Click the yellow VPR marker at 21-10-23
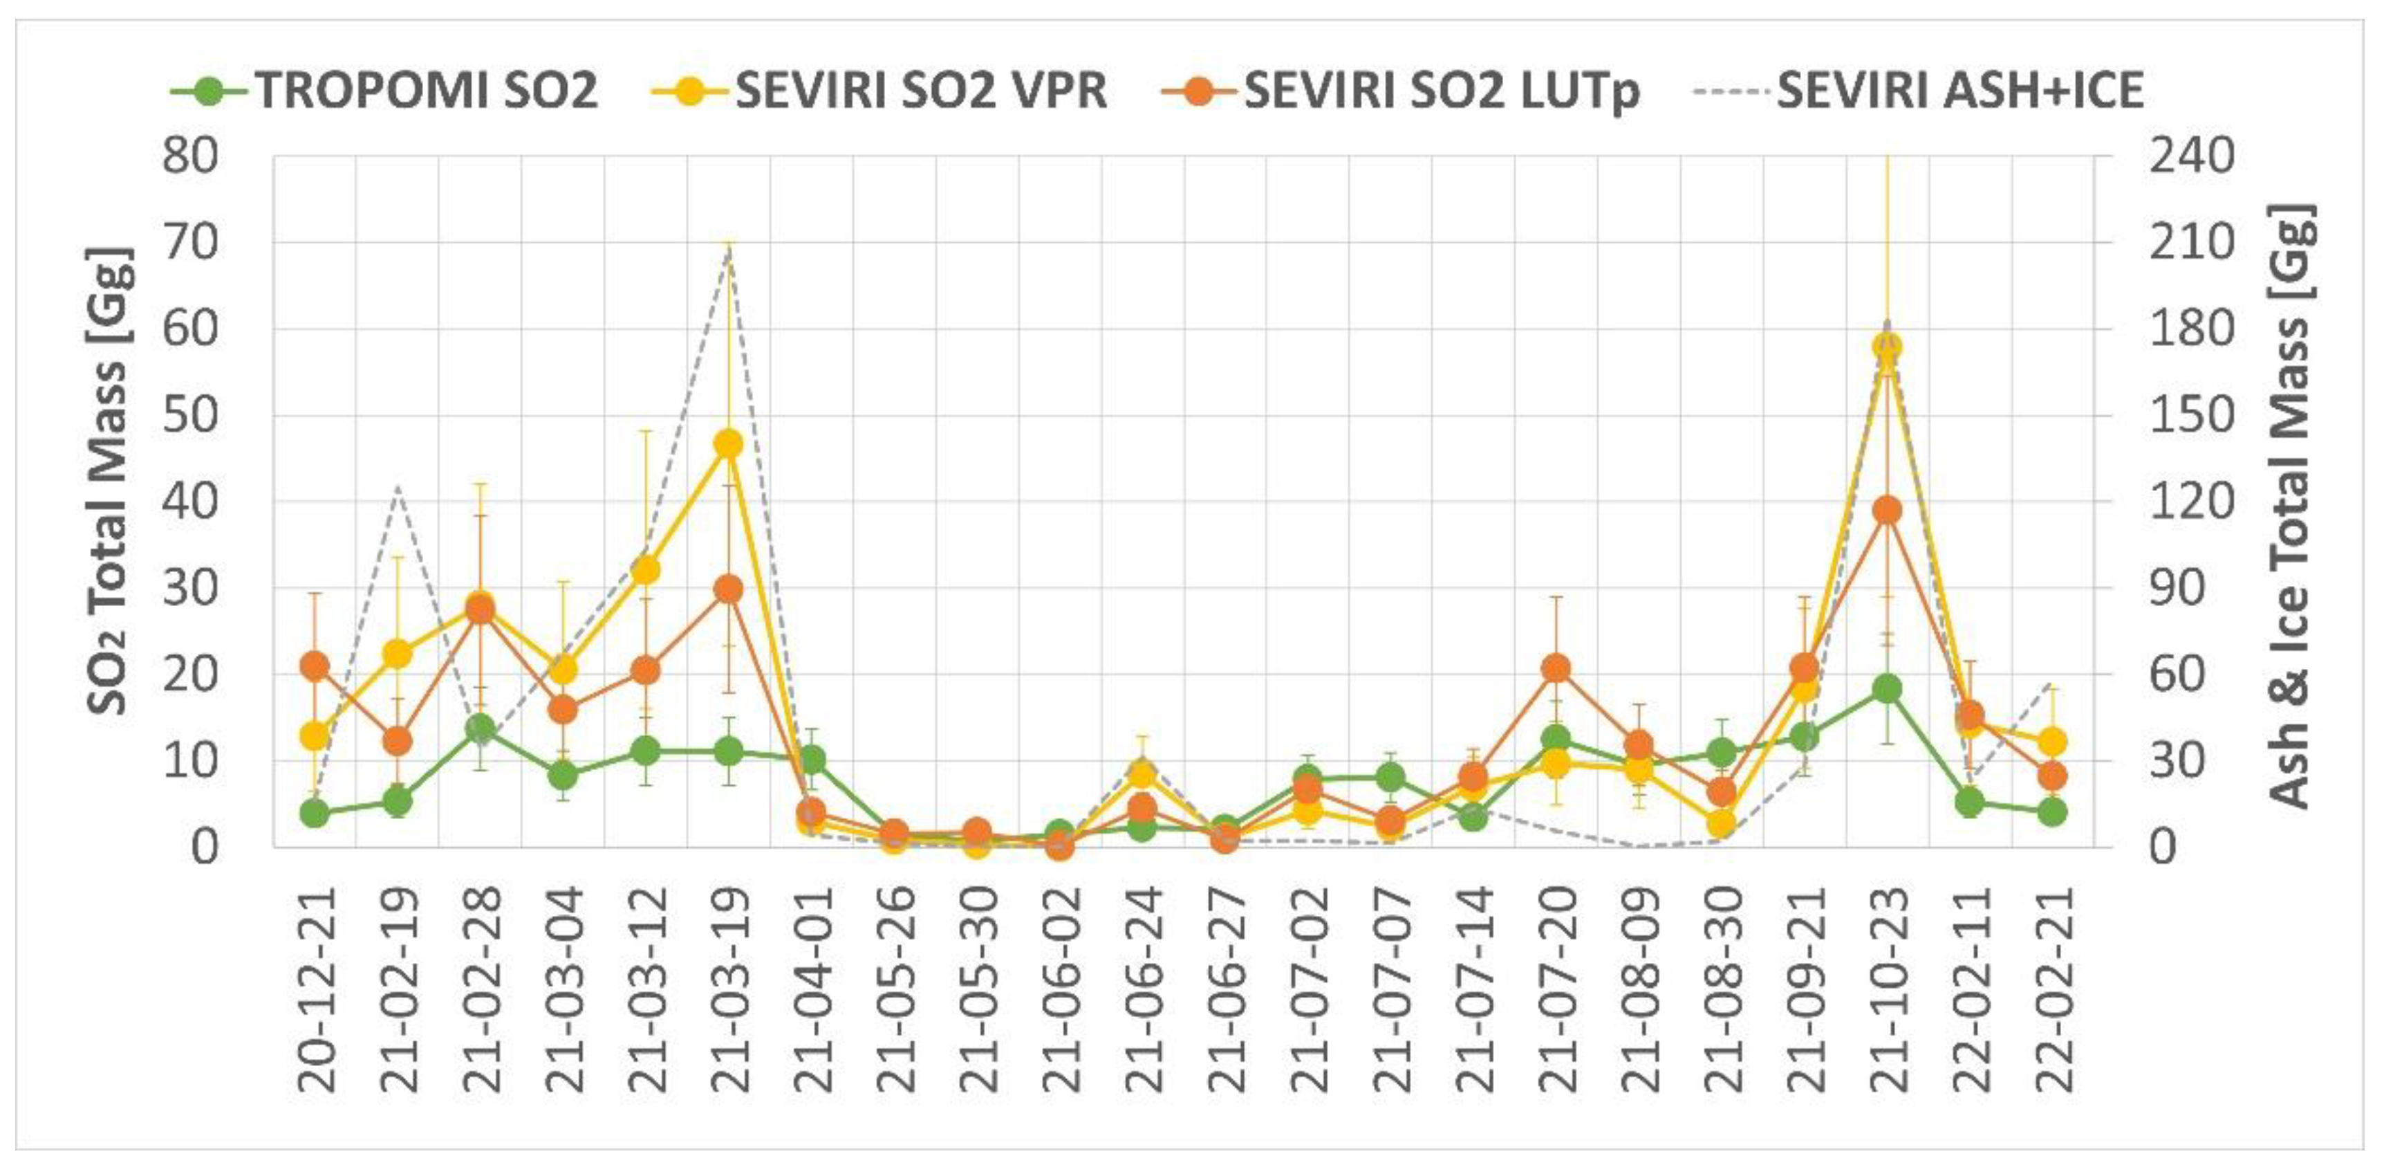[x=1887, y=347]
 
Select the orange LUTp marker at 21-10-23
[x=1887, y=510]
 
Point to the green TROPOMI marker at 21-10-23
[x=1887, y=688]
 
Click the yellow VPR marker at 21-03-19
[x=728, y=443]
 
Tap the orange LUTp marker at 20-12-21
[x=315, y=665]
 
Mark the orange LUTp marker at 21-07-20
[x=1556, y=668]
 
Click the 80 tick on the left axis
[x=189, y=156]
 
